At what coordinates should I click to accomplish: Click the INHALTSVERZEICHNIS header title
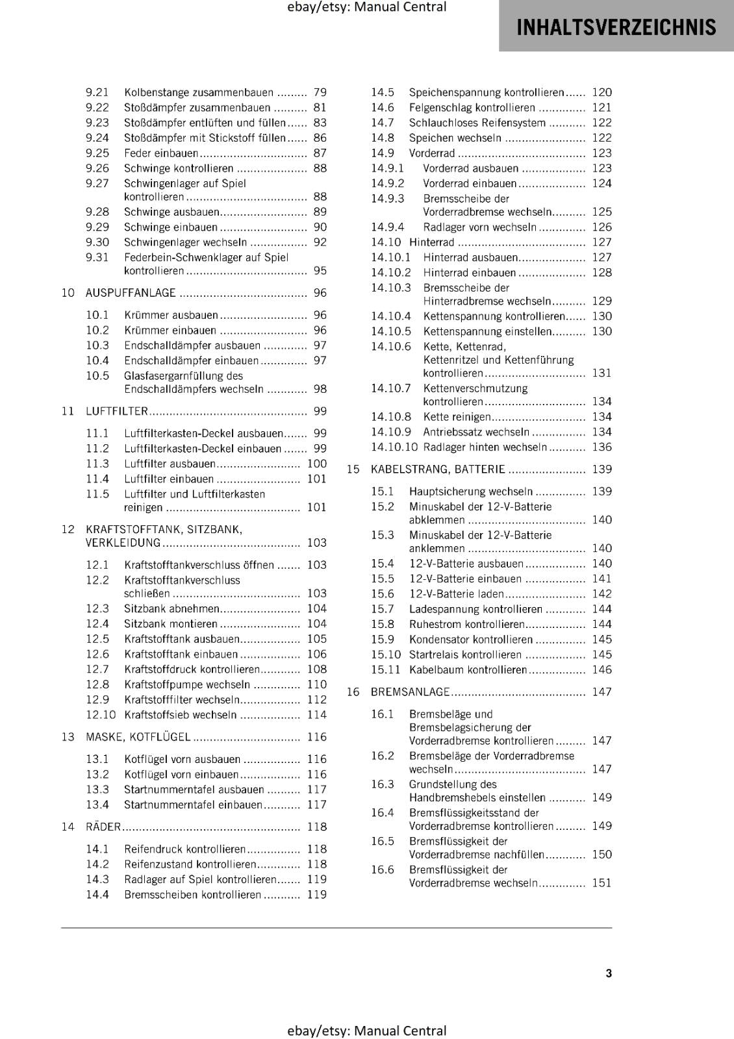coord(616,27)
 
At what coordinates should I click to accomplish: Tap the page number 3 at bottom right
coord(609,973)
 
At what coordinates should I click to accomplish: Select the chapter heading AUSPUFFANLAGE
coord(131,293)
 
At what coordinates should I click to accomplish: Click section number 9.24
coord(97,138)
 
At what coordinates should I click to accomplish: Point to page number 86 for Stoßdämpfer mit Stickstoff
coord(320,138)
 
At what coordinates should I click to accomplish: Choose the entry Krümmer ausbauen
coord(171,315)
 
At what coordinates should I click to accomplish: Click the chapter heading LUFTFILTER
coord(117,411)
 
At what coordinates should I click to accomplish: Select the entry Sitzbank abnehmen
coord(171,608)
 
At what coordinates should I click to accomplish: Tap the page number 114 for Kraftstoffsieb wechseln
coord(316,715)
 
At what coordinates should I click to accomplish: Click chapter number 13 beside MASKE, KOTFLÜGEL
coord(68,737)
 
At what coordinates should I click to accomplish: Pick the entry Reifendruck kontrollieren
coord(184,849)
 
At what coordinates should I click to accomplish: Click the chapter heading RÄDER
coord(103,827)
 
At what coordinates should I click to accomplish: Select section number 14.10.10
coord(394,447)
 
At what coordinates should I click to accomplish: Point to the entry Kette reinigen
coord(457,417)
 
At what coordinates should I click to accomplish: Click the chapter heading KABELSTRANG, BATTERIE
coord(437,469)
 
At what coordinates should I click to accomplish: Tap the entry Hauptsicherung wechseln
coord(470,492)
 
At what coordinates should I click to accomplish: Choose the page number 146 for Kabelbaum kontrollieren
coord(601,670)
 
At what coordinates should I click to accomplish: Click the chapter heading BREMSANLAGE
coord(410,692)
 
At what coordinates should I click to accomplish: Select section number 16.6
coord(383,870)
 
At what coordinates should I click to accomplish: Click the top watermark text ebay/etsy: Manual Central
coord(367,7)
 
